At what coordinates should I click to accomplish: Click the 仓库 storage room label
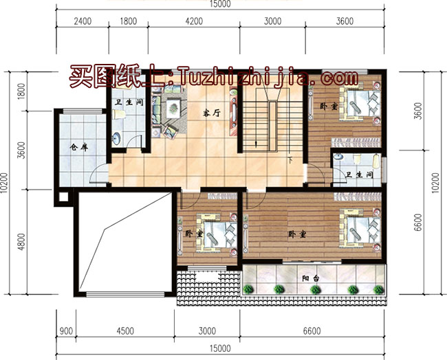tap(79, 147)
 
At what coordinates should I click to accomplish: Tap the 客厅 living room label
tap(212, 113)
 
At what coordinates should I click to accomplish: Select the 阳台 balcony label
tap(311, 278)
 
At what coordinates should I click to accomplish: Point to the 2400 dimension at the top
tap(83, 21)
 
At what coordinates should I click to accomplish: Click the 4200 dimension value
tap(194, 21)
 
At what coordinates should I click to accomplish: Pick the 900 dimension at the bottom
tap(66, 331)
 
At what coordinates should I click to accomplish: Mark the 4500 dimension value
tap(125, 331)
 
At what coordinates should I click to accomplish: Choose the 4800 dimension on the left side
tap(21, 242)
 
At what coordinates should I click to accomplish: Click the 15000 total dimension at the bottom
tap(220, 348)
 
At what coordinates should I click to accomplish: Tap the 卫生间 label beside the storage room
tap(129, 102)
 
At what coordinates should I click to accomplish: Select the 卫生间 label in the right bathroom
tap(359, 175)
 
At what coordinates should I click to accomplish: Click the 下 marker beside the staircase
tap(290, 160)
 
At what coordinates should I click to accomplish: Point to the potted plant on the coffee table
tap(173, 108)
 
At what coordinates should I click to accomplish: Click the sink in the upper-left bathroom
tap(116, 138)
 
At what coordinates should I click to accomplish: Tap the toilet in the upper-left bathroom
tap(119, 115)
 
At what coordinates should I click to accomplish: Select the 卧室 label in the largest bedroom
tap(297, 234)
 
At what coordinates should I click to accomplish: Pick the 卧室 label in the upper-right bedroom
tap(329, 106)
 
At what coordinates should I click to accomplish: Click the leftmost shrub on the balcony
tap(248, 289)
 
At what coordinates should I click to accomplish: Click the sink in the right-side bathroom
tap(338, 157)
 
